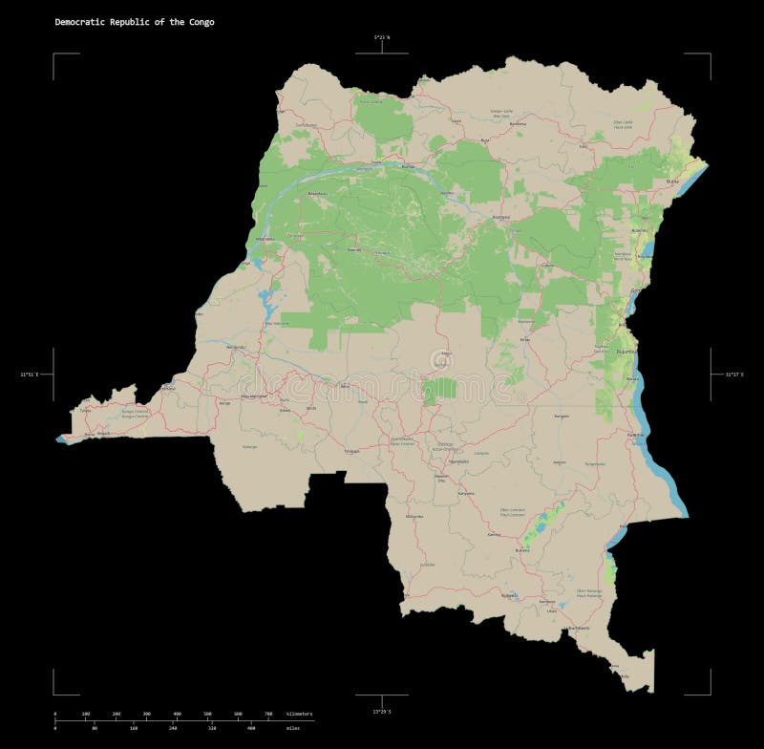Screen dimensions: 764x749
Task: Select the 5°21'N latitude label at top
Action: [381, 37]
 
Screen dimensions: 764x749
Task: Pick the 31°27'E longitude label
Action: [734, 374]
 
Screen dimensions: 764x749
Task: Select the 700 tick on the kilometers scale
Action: [268, 714]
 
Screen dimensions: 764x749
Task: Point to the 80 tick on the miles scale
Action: [95, 729]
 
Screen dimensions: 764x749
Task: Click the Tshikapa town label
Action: [352, 448]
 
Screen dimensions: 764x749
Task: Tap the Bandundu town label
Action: [223, 346]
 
